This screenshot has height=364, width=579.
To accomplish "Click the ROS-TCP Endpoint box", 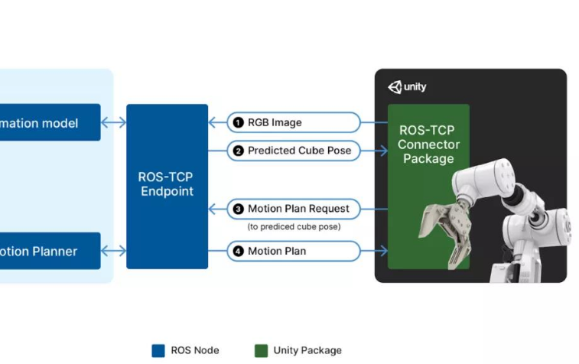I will [x=167, y=185].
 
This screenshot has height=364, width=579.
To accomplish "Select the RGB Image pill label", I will [x=294, y=122].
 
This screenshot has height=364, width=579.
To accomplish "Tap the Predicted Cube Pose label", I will [x=294, y=151].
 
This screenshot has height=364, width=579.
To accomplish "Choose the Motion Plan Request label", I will [x=294, y=209].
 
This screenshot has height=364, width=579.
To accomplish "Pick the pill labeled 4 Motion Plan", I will [x=294, y=251].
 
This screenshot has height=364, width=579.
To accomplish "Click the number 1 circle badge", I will [x=239, y=122].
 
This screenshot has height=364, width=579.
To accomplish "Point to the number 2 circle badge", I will [x=239, y=151].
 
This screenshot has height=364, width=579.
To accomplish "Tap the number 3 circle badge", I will [x=239, y=209].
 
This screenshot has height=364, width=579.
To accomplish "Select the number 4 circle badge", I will [x=239, y=251].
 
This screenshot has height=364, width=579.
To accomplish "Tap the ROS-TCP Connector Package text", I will [x=428, y=145].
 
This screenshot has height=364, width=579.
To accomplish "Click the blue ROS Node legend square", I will [x=158, y=351].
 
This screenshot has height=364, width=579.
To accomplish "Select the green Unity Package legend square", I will [x=261, y=351].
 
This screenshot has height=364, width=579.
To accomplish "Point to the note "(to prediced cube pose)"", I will [x=294, y=227].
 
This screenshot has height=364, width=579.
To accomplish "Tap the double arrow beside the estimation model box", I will [x=113, y=122].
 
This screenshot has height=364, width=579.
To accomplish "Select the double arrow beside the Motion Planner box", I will [x=113, y=251].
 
